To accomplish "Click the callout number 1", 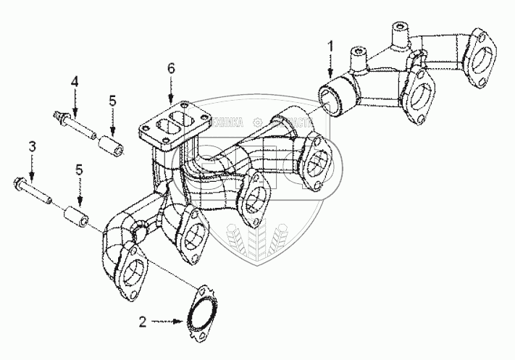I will point(330,46).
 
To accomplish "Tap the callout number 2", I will point(143,319).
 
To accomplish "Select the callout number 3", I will point(31,148).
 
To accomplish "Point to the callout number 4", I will point(74,83).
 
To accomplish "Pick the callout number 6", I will point(171,68).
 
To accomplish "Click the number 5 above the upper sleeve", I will point(112,101).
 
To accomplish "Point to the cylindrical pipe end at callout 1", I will point(335,97).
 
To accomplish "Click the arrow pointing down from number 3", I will point(31,165).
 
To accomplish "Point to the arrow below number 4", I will point(74,100).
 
